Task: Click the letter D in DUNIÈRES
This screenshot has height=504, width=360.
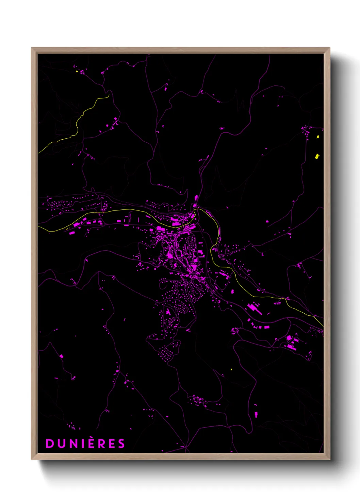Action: [49, 444]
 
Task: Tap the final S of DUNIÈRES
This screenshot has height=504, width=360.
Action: [122, 444]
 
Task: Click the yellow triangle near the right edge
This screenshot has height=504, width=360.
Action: [318, 137]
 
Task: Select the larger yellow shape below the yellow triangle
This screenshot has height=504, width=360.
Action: [317, 156]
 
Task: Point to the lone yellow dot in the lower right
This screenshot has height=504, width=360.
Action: [231, 369]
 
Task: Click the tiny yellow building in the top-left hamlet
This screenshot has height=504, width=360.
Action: [77, 72]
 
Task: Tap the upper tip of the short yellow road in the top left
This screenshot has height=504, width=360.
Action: [109, 95]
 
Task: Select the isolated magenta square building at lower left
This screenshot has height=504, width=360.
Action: [62, 356]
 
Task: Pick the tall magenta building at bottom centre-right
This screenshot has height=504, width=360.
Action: [256, 414]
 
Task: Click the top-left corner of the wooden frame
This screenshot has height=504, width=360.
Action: [32, 48]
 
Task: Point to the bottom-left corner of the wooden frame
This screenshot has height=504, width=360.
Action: [32, 459]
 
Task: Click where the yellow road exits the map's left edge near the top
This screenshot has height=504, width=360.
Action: [38, 153]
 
